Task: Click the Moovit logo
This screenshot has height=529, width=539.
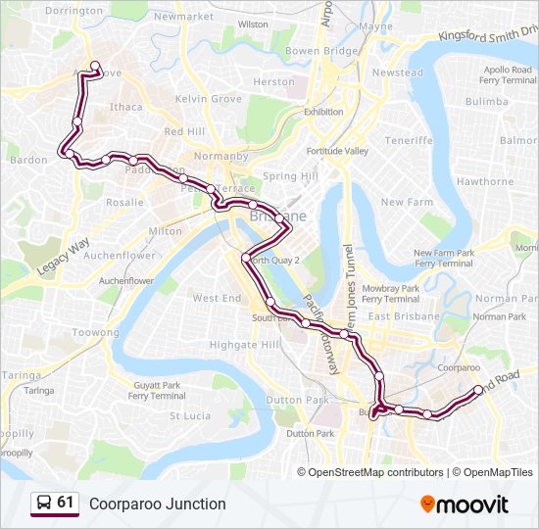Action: tap(465, 505)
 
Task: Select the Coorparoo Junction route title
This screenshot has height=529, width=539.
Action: tap(157, 504)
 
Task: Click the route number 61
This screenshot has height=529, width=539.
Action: tap(66, 503)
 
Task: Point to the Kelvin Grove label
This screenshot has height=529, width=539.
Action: tap(208, 99)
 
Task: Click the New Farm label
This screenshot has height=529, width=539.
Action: tap(407, 202)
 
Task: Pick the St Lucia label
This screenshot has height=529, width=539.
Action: tap(190, 415)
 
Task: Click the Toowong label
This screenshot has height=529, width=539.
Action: tap(95, 333)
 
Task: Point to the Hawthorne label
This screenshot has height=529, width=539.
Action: tap(485, 181)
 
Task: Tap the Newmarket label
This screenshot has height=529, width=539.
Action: tap(184, 18)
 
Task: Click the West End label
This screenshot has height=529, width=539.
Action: tap(217, 298)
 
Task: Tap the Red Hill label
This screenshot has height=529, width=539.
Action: tap(184, 131)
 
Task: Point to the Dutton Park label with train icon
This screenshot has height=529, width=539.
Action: tap(312, 433)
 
